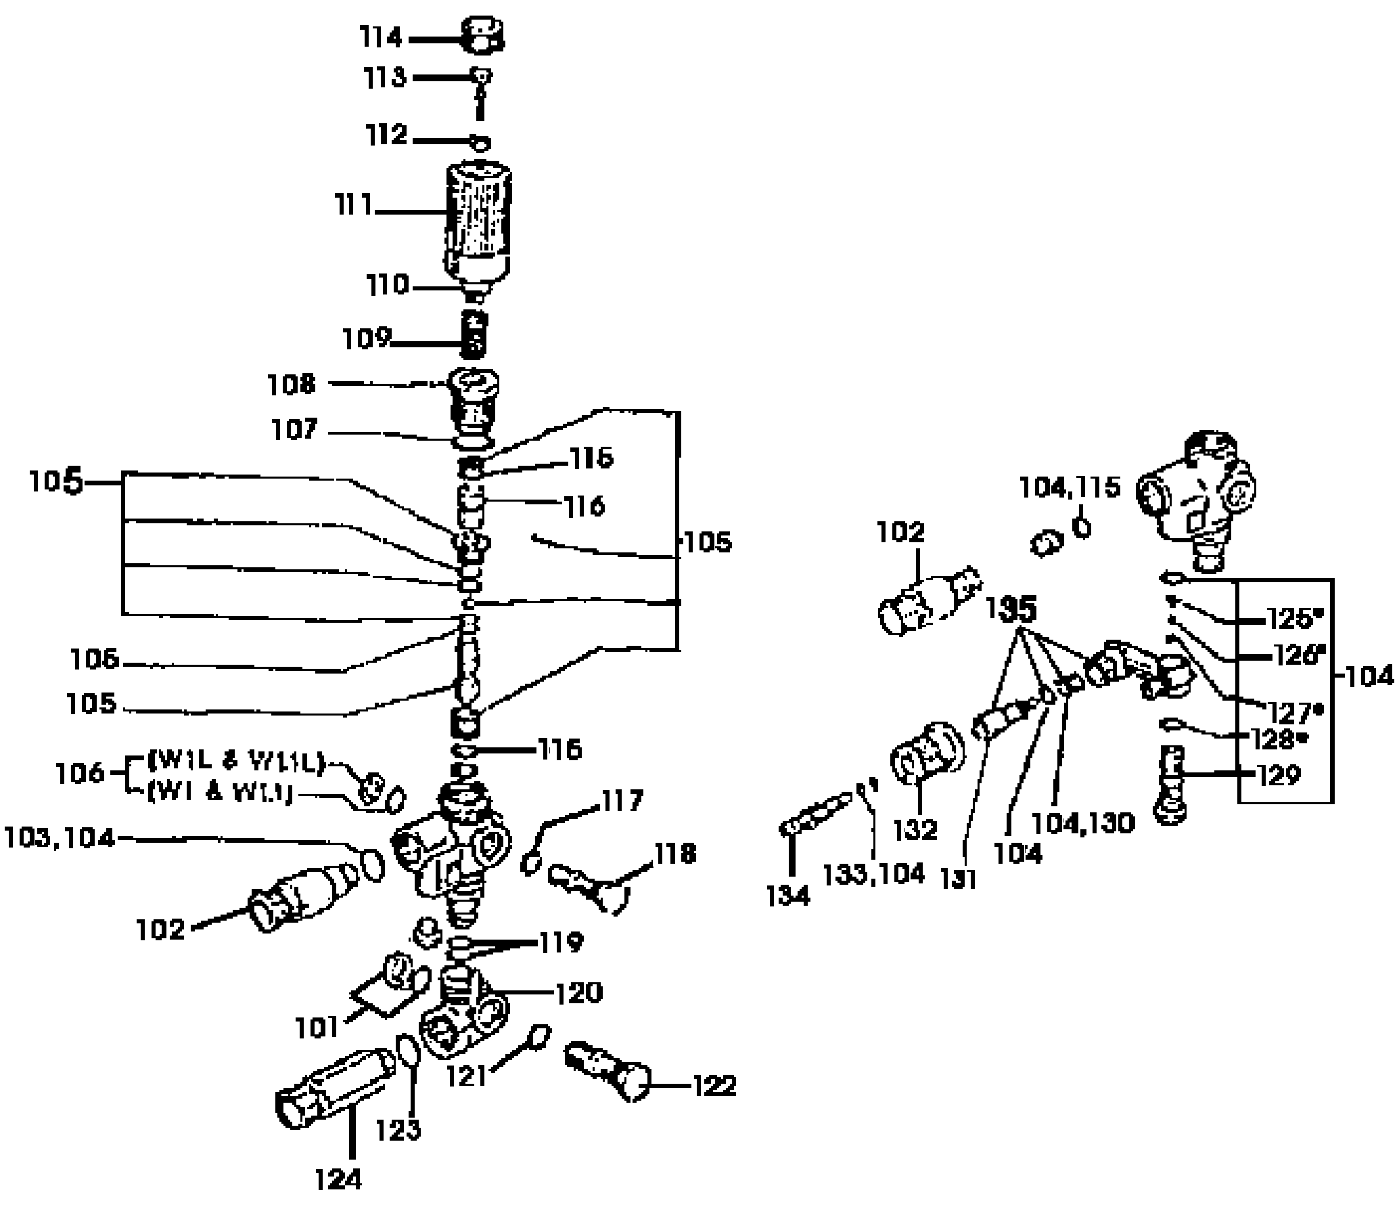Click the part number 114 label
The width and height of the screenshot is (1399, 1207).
point(381,38)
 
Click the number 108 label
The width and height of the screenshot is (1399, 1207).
point(291,385)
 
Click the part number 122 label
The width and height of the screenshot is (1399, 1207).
point(714,1086)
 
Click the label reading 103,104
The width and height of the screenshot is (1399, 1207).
point(58,839)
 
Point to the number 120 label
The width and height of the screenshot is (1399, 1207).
point(579,993)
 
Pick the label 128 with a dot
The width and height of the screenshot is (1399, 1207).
point(1275,739)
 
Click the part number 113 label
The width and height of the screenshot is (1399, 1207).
point(384,77)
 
